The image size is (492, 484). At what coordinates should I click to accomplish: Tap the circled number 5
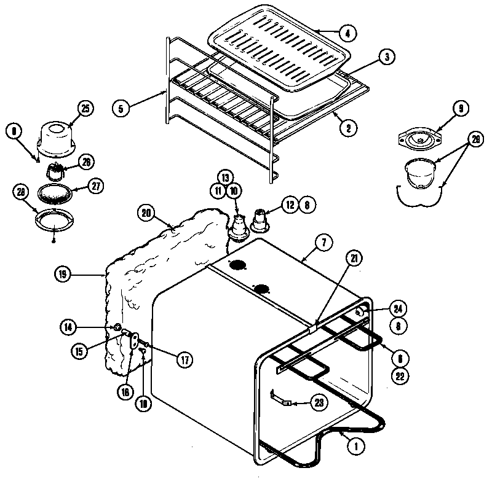pos(121,109)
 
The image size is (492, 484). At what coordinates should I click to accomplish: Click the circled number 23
pos(318,403)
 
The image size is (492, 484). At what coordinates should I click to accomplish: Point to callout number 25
pos(85,109)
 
